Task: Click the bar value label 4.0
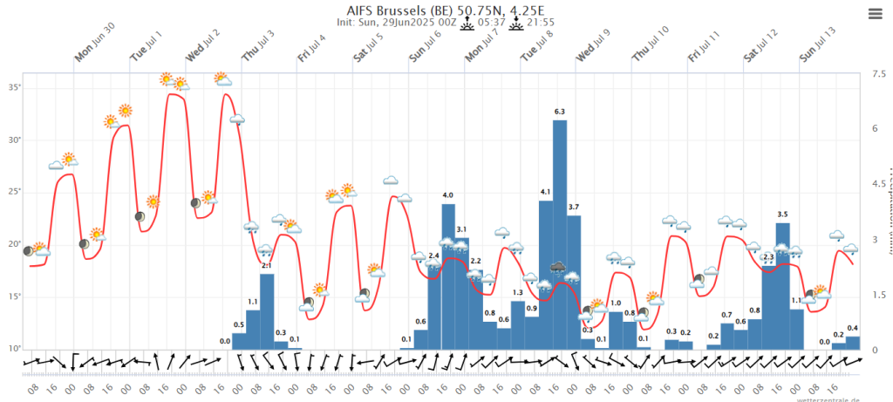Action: click(x=448, y=194)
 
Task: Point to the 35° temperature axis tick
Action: click(x=16, y=88)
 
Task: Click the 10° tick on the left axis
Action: click(x=16, y=349)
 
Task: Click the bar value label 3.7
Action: click(x=574, y=207)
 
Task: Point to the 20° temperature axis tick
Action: click(x=16, y=244)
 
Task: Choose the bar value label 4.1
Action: click(x=546, y=192)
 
